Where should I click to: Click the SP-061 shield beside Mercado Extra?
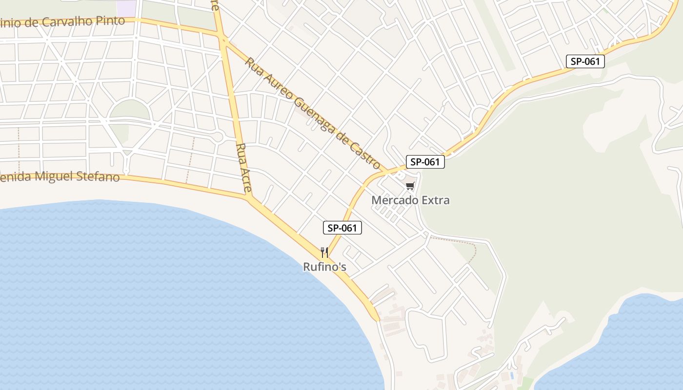point(425,162)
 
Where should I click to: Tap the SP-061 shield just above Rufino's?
point(342,228)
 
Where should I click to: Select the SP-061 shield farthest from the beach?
point(585,61)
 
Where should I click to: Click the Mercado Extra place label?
point(410,200)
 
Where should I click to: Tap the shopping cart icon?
point(410,186)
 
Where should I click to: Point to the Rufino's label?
point(324,267)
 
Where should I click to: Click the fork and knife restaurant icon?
point(324,252)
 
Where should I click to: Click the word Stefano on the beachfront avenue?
point(98,176)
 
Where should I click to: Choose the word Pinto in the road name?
point(112,21)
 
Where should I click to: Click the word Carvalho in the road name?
point(71,22)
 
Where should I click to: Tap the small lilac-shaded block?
point(126,7)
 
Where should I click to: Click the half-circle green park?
point(129,109)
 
